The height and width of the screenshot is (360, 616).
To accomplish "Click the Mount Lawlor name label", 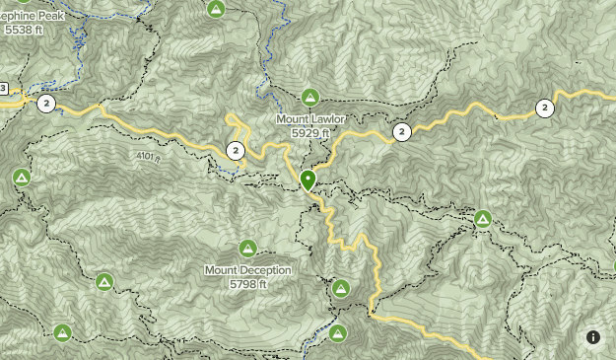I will point(310,119).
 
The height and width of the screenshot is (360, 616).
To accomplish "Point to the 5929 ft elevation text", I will point(310,132).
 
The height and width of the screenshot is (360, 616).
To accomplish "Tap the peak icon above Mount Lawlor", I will point(310,97).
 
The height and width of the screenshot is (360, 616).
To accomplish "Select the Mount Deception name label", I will point(248,270).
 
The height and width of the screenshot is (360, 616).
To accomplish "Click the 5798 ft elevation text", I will point(248,284).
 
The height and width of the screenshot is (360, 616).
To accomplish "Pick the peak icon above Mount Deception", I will point(247,248).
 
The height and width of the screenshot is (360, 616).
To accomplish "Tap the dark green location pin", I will point(308,180).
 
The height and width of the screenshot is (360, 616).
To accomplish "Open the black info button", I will point(593,337).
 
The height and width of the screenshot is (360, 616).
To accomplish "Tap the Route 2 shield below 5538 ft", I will point(45,103).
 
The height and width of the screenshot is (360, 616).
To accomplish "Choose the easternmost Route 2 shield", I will point(544,108).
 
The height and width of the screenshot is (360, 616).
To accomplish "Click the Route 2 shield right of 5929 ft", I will point(401,131).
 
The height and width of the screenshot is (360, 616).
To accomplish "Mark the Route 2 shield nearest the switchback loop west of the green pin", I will point(236,151).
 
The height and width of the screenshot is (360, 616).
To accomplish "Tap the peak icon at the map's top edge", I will point(216,9).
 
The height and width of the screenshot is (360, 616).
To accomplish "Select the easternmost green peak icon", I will point(484,218).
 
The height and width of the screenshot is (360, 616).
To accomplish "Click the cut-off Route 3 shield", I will point(3,88).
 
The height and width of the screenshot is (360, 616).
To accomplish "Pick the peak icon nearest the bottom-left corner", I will point(62,333).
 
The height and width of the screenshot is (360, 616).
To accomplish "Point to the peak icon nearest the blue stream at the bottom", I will point(337,333).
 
